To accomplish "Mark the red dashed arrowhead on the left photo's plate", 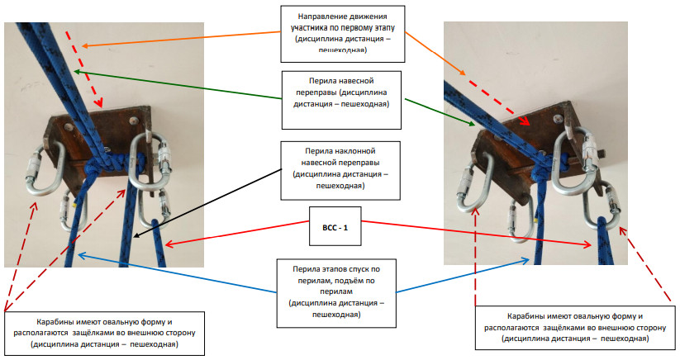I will coord(102,105).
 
